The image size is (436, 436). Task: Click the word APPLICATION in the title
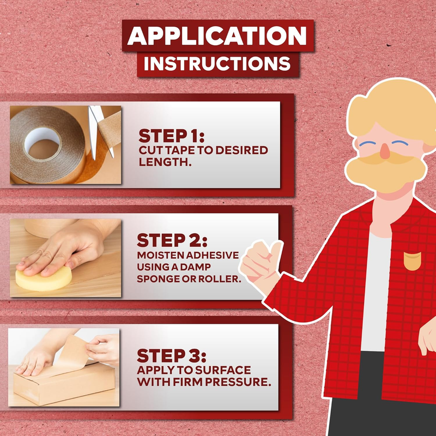click(x=217, y=36)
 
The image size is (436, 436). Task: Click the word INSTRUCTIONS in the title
click(x=217, y=64)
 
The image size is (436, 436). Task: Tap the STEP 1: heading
click(x=171, y=136)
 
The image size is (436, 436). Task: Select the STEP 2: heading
click(x=172, y=240)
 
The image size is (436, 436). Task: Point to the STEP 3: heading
click(x=171, y=356)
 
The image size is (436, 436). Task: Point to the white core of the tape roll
click(x=42, y=142)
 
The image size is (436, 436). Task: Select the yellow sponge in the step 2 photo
click(x=44, y=278)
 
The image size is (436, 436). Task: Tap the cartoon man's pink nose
click(x=385, y=152)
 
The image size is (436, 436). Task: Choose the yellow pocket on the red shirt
click(x=413, y=261)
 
